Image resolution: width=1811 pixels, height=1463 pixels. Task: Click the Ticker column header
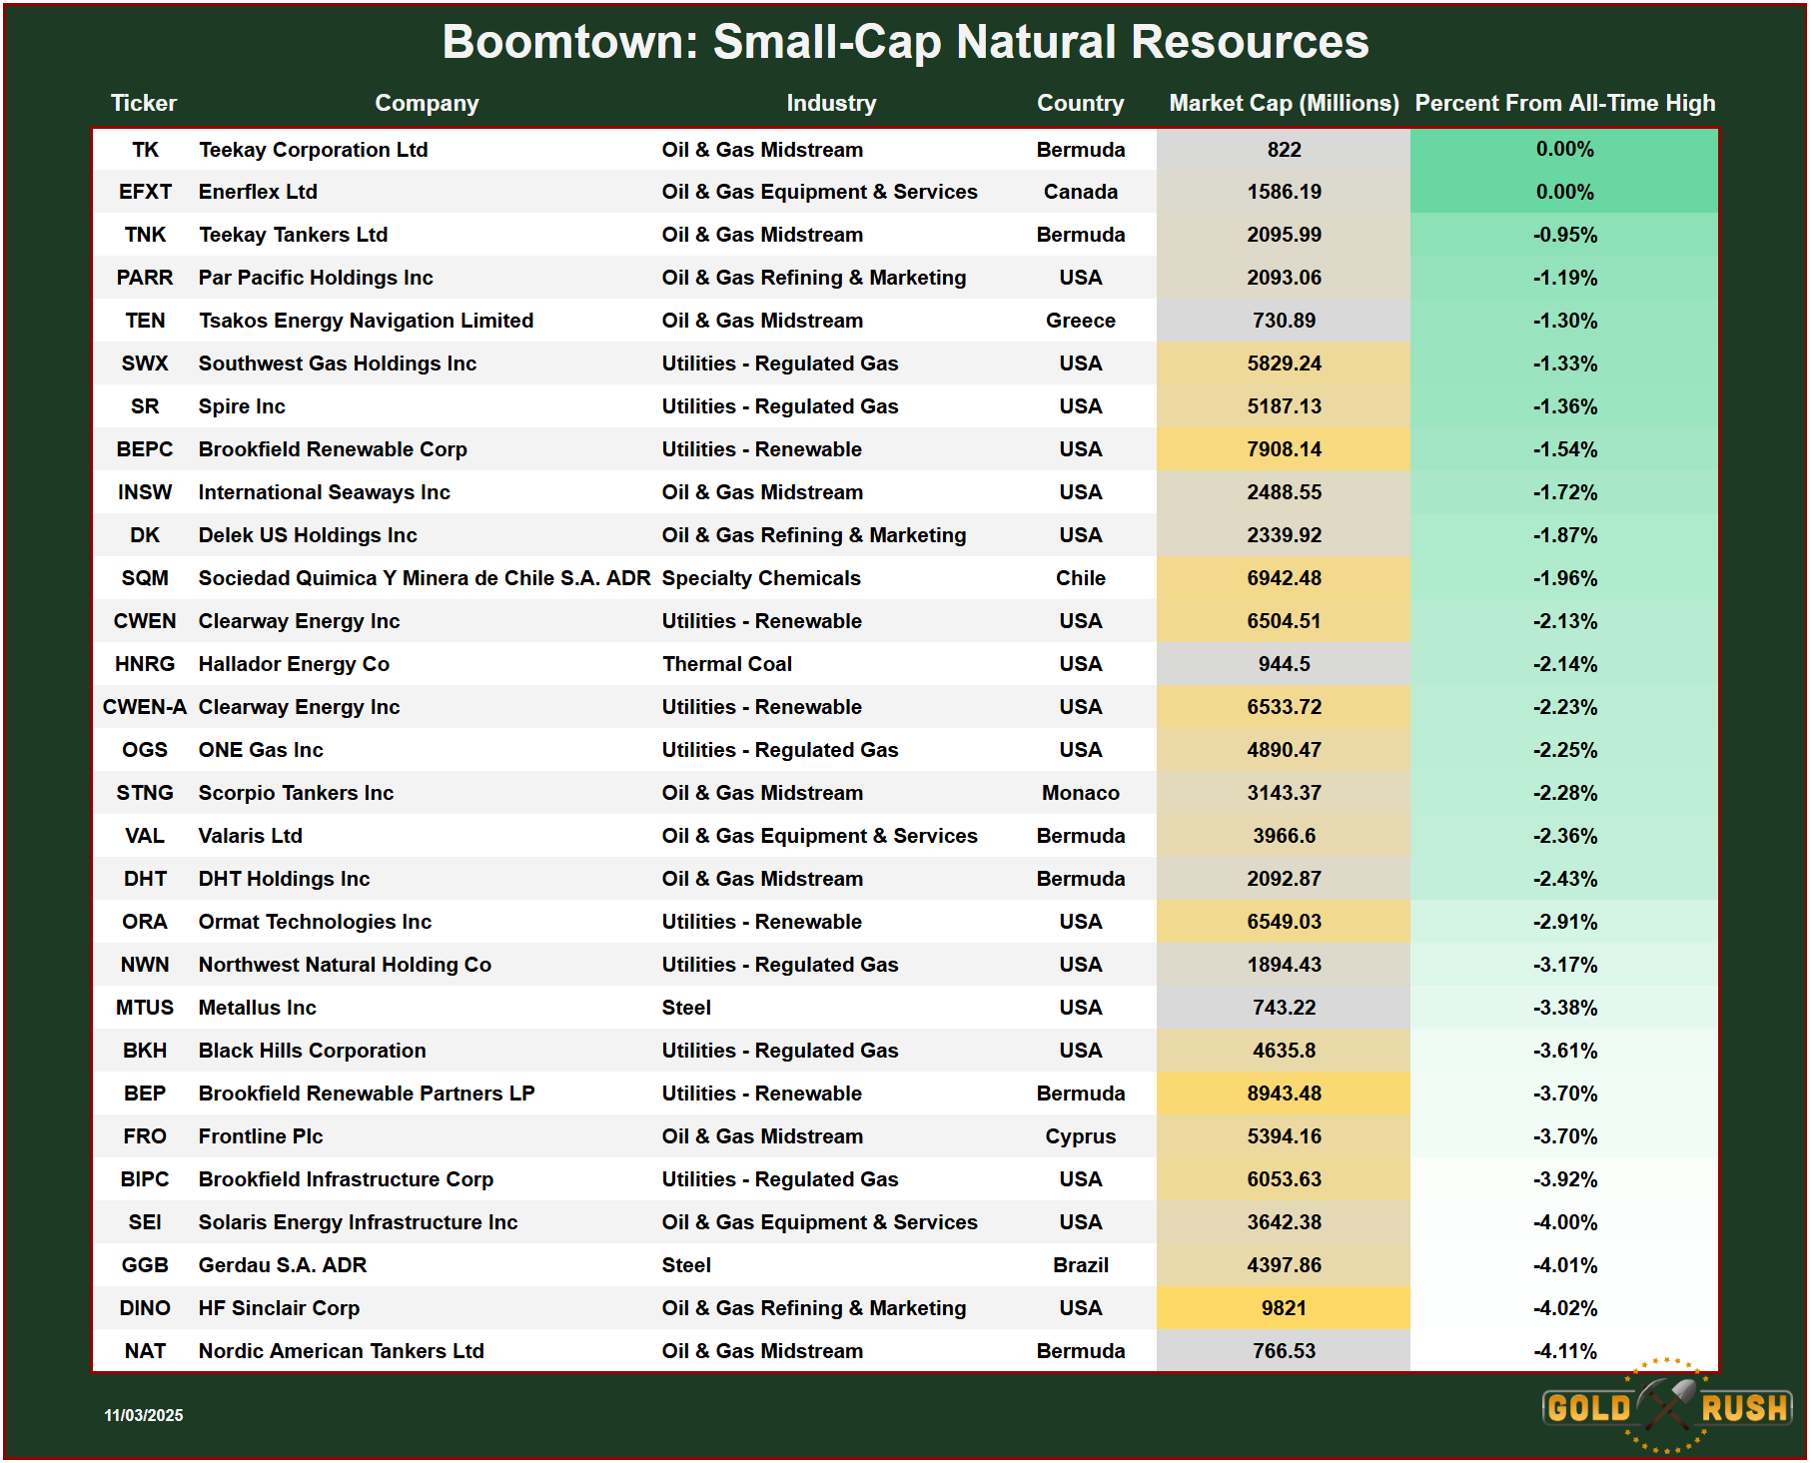tap(143, 103)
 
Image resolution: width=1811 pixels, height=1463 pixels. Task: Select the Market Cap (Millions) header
tap(1284, 103)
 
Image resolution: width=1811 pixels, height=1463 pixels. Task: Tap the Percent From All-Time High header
tap(1564, 103)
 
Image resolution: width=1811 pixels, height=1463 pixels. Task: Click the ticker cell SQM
tap(145, 578)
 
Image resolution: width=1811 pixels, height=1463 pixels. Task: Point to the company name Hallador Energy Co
tap(294, 664)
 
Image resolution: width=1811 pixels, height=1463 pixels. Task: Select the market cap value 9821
tap(1284, 1308)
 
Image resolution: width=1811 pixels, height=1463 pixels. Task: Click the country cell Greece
tap(1080, 321)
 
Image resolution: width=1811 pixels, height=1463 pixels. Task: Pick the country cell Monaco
tap(1080, 793)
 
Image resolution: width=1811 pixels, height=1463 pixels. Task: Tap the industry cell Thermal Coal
tap(726, 664)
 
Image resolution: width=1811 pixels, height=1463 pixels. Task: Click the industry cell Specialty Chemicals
tap(760, 578)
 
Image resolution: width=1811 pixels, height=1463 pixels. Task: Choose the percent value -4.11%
tap(1564, 1351)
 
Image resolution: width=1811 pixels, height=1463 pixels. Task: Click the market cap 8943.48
tap(1284, 1094)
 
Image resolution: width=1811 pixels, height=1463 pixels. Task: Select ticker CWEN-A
tap(145, 707)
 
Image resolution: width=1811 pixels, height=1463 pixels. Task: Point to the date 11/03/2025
tap(144, 1415)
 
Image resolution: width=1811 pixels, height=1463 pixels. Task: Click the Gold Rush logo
tap(1666, 1407)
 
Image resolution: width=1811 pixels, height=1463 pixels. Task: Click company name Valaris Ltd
tap(250, 836)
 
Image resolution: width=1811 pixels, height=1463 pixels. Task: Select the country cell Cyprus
tap(1080, 1136)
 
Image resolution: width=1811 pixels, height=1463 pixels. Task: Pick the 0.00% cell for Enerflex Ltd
tap(1564, 192)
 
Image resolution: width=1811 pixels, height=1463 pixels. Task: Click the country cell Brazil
tap(1080, 1265)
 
